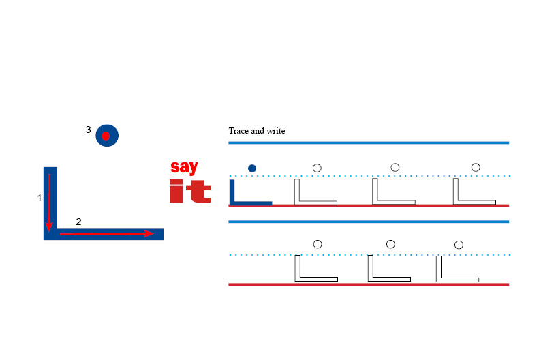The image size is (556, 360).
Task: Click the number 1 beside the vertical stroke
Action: point(40,198)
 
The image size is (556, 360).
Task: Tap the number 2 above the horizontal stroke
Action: point(78,222)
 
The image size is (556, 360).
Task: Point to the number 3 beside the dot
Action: point(89,130)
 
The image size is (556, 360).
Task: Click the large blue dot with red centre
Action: point(107,136)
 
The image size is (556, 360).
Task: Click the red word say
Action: point(184,166)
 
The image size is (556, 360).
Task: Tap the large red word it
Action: point(189,191)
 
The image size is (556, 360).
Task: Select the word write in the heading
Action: point(275,130)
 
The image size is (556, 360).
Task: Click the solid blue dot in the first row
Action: point(252,168)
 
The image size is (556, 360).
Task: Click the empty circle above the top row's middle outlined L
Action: point(395,167)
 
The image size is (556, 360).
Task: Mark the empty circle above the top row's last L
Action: point(476,167)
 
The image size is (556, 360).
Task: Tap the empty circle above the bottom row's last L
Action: point(459,244)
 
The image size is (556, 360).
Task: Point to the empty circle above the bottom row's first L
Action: point(317,243)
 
